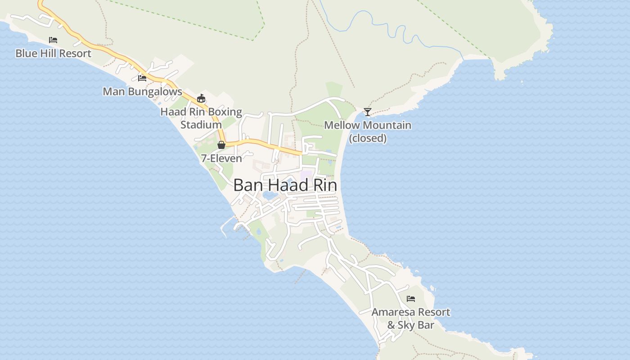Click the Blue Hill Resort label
point(53,54)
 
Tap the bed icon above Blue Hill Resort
point(53,40)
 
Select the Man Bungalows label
point(142,92)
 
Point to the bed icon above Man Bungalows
point(142,78)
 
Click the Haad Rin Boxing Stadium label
point(201,118)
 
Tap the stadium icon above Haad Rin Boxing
point(201,98)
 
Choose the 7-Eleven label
point(221,158)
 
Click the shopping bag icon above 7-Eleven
point(221,145)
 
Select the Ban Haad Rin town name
point(285,185)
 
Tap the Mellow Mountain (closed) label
point(368,131)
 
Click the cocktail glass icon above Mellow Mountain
point(368,112)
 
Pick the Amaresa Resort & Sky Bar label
point(410,318)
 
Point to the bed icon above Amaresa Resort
point(410,298)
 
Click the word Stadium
point(201,125)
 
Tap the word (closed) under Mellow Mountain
point(368,138)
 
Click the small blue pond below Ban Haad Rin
point(269,196)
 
